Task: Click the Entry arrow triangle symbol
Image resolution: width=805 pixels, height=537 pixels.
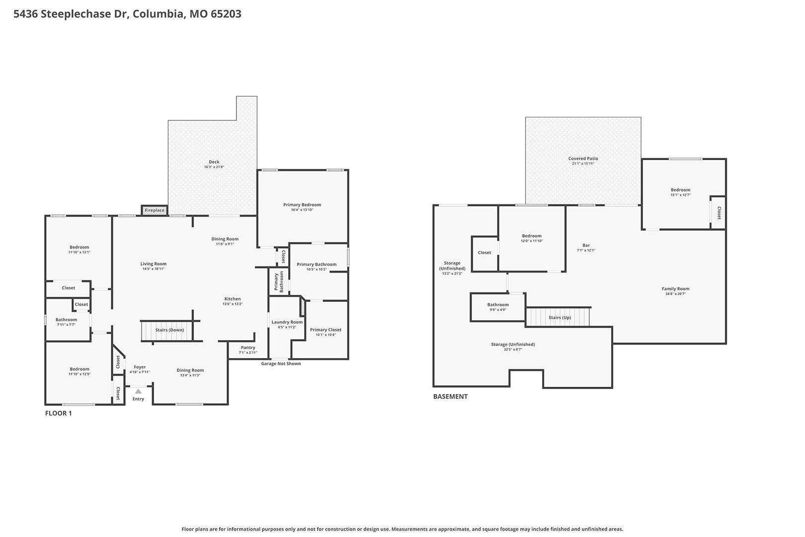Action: click(x=138, y=391)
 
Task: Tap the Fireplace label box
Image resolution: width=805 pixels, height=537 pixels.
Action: click(x=155, y=210)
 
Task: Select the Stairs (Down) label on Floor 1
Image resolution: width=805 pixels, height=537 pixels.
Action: click(x=169, y=330)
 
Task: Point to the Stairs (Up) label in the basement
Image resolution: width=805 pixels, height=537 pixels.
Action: click(x=560, y=318)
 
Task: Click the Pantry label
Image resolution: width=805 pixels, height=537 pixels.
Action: click(x=248, y=348)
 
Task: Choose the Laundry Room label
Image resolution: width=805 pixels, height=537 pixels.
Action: click(x=287, y=322)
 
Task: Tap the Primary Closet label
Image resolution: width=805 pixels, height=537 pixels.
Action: click(x=325, y=330)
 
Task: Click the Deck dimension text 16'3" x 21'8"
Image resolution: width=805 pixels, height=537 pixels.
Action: click(x=214, y=167)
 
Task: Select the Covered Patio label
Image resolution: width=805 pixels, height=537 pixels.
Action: click(x=583, y=159)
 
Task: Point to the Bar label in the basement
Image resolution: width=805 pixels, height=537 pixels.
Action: click(x=586, y=245)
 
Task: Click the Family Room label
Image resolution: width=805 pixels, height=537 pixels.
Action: click(x=676, y=289)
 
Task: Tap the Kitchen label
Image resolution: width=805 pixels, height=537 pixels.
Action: click(x=233, y=299)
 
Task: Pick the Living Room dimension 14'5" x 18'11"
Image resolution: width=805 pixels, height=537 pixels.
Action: click(x=154, y=268)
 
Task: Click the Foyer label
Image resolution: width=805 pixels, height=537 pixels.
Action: click(x=140, y=367)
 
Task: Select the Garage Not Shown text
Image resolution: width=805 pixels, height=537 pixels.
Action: click(x=281, y=363)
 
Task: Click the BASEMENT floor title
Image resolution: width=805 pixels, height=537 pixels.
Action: click(x=450, y=396)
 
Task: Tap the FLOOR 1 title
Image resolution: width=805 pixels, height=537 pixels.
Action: click(x=58, y=413)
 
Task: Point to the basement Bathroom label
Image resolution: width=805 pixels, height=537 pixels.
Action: click(x=498, y=305)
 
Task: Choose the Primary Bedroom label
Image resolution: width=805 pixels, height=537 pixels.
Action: click(x=302, y=205)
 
